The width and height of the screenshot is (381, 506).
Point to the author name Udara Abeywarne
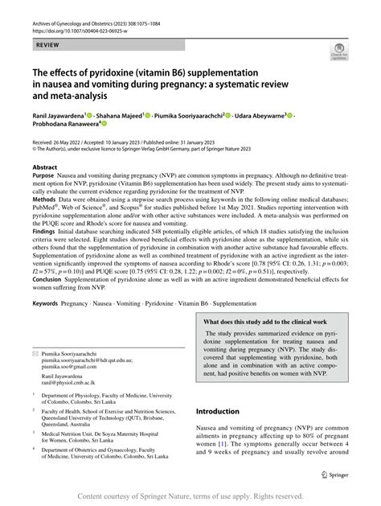[264, 114]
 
